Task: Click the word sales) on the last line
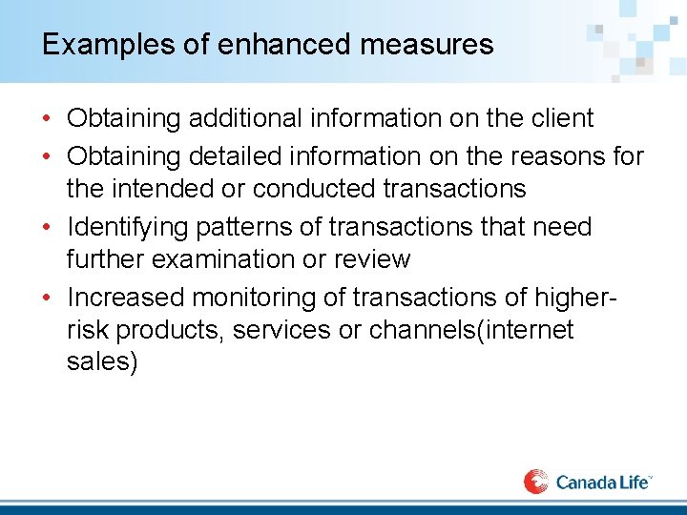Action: click(102, 363)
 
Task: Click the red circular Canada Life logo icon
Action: click(536, 481)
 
